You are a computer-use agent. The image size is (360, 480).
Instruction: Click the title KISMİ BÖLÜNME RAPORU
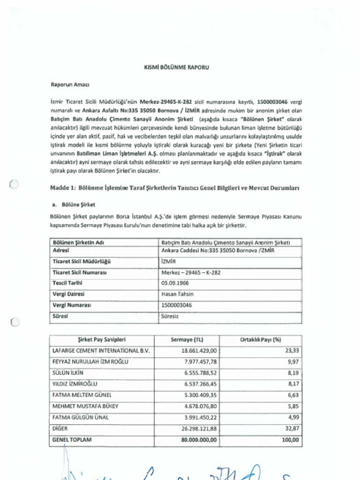[x=176, y=67]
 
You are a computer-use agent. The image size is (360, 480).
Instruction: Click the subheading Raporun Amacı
[x=69, y=85]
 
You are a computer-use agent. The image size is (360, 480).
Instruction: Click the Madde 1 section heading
[x=174, y=187]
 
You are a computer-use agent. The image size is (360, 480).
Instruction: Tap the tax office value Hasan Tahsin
[x=177, y=294]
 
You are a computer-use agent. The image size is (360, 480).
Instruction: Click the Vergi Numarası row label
[x=72, y=305]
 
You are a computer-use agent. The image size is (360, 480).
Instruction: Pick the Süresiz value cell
[x=170, y=316]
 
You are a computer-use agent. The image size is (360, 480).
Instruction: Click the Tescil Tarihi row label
[x=67, y=283]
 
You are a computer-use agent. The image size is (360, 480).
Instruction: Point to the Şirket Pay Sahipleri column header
[x=102, y=340]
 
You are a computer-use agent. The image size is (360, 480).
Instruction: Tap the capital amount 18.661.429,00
[x=199, y=351]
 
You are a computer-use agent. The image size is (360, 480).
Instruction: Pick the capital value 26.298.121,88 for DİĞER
[x=199, y=428]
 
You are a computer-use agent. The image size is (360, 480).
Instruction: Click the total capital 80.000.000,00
[x=199, y=440]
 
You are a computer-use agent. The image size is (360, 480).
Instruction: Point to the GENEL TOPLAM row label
[x=72, y=440]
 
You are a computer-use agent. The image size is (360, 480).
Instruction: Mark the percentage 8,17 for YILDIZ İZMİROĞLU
[x=293, y=384]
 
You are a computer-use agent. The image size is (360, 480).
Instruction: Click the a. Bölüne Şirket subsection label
[x=74, y=205]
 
